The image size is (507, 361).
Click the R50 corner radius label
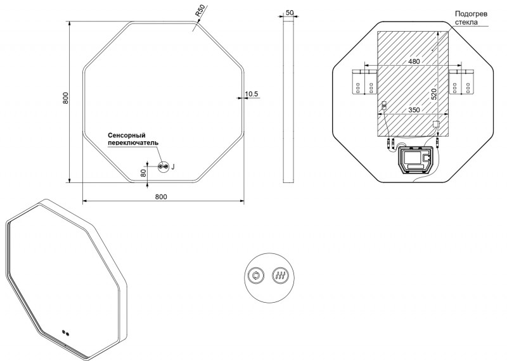[x=200, y=11]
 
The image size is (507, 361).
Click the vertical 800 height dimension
[x=66, y=98]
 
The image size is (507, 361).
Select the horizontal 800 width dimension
[x=161, y=197]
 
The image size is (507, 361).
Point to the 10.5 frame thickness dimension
[x=252, y=94]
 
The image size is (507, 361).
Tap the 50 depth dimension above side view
[x=290, y=13]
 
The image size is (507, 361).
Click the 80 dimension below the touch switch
[x=143, y=172]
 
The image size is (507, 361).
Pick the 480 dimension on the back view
[x=414, y=61]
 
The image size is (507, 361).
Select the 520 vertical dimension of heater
[x=434, y=94]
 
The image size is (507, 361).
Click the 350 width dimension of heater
[x=414, y=110]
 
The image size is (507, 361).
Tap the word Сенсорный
[x=126, y=136]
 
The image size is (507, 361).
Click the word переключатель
[x=133, y=142]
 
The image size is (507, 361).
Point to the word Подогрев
[x=471, y=14]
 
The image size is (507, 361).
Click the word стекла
[x=466, y=22]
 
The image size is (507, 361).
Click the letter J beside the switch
[x=173, y=167]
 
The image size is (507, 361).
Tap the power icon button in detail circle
[x=257, y=275]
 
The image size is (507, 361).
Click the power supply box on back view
[x=416, y=160]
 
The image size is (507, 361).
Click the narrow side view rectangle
[x=288, y=99]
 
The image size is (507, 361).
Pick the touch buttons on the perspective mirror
[x=66, y=333]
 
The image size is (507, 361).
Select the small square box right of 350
[x=435, y=124]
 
